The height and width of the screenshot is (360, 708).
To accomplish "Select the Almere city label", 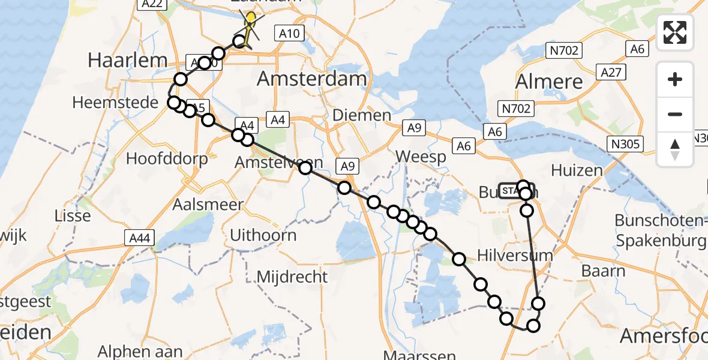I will coord(549,82).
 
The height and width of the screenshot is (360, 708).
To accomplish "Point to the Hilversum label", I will coord(515,255).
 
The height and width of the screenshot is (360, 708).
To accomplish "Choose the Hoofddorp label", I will coord(167,159).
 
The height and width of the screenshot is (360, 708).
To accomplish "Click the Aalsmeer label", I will coord(208,204).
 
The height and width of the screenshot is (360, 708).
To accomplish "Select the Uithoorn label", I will coord(264,235).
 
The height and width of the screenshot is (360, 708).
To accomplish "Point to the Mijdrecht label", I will coord(292,277).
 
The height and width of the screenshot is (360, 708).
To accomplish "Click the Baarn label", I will coord(603,271).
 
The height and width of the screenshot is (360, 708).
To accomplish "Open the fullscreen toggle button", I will coord(675,32).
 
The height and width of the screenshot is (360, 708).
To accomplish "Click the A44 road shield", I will coord(140,239).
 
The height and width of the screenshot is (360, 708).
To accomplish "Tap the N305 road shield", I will coord(625,144).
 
